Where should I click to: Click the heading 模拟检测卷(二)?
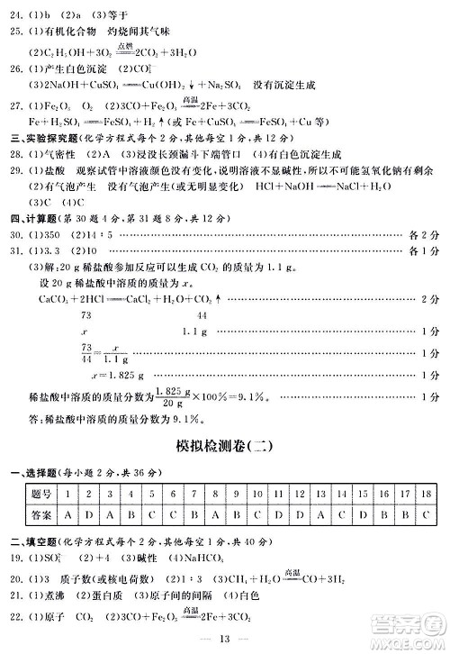coord(225,448)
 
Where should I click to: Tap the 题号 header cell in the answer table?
coord(40,494)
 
